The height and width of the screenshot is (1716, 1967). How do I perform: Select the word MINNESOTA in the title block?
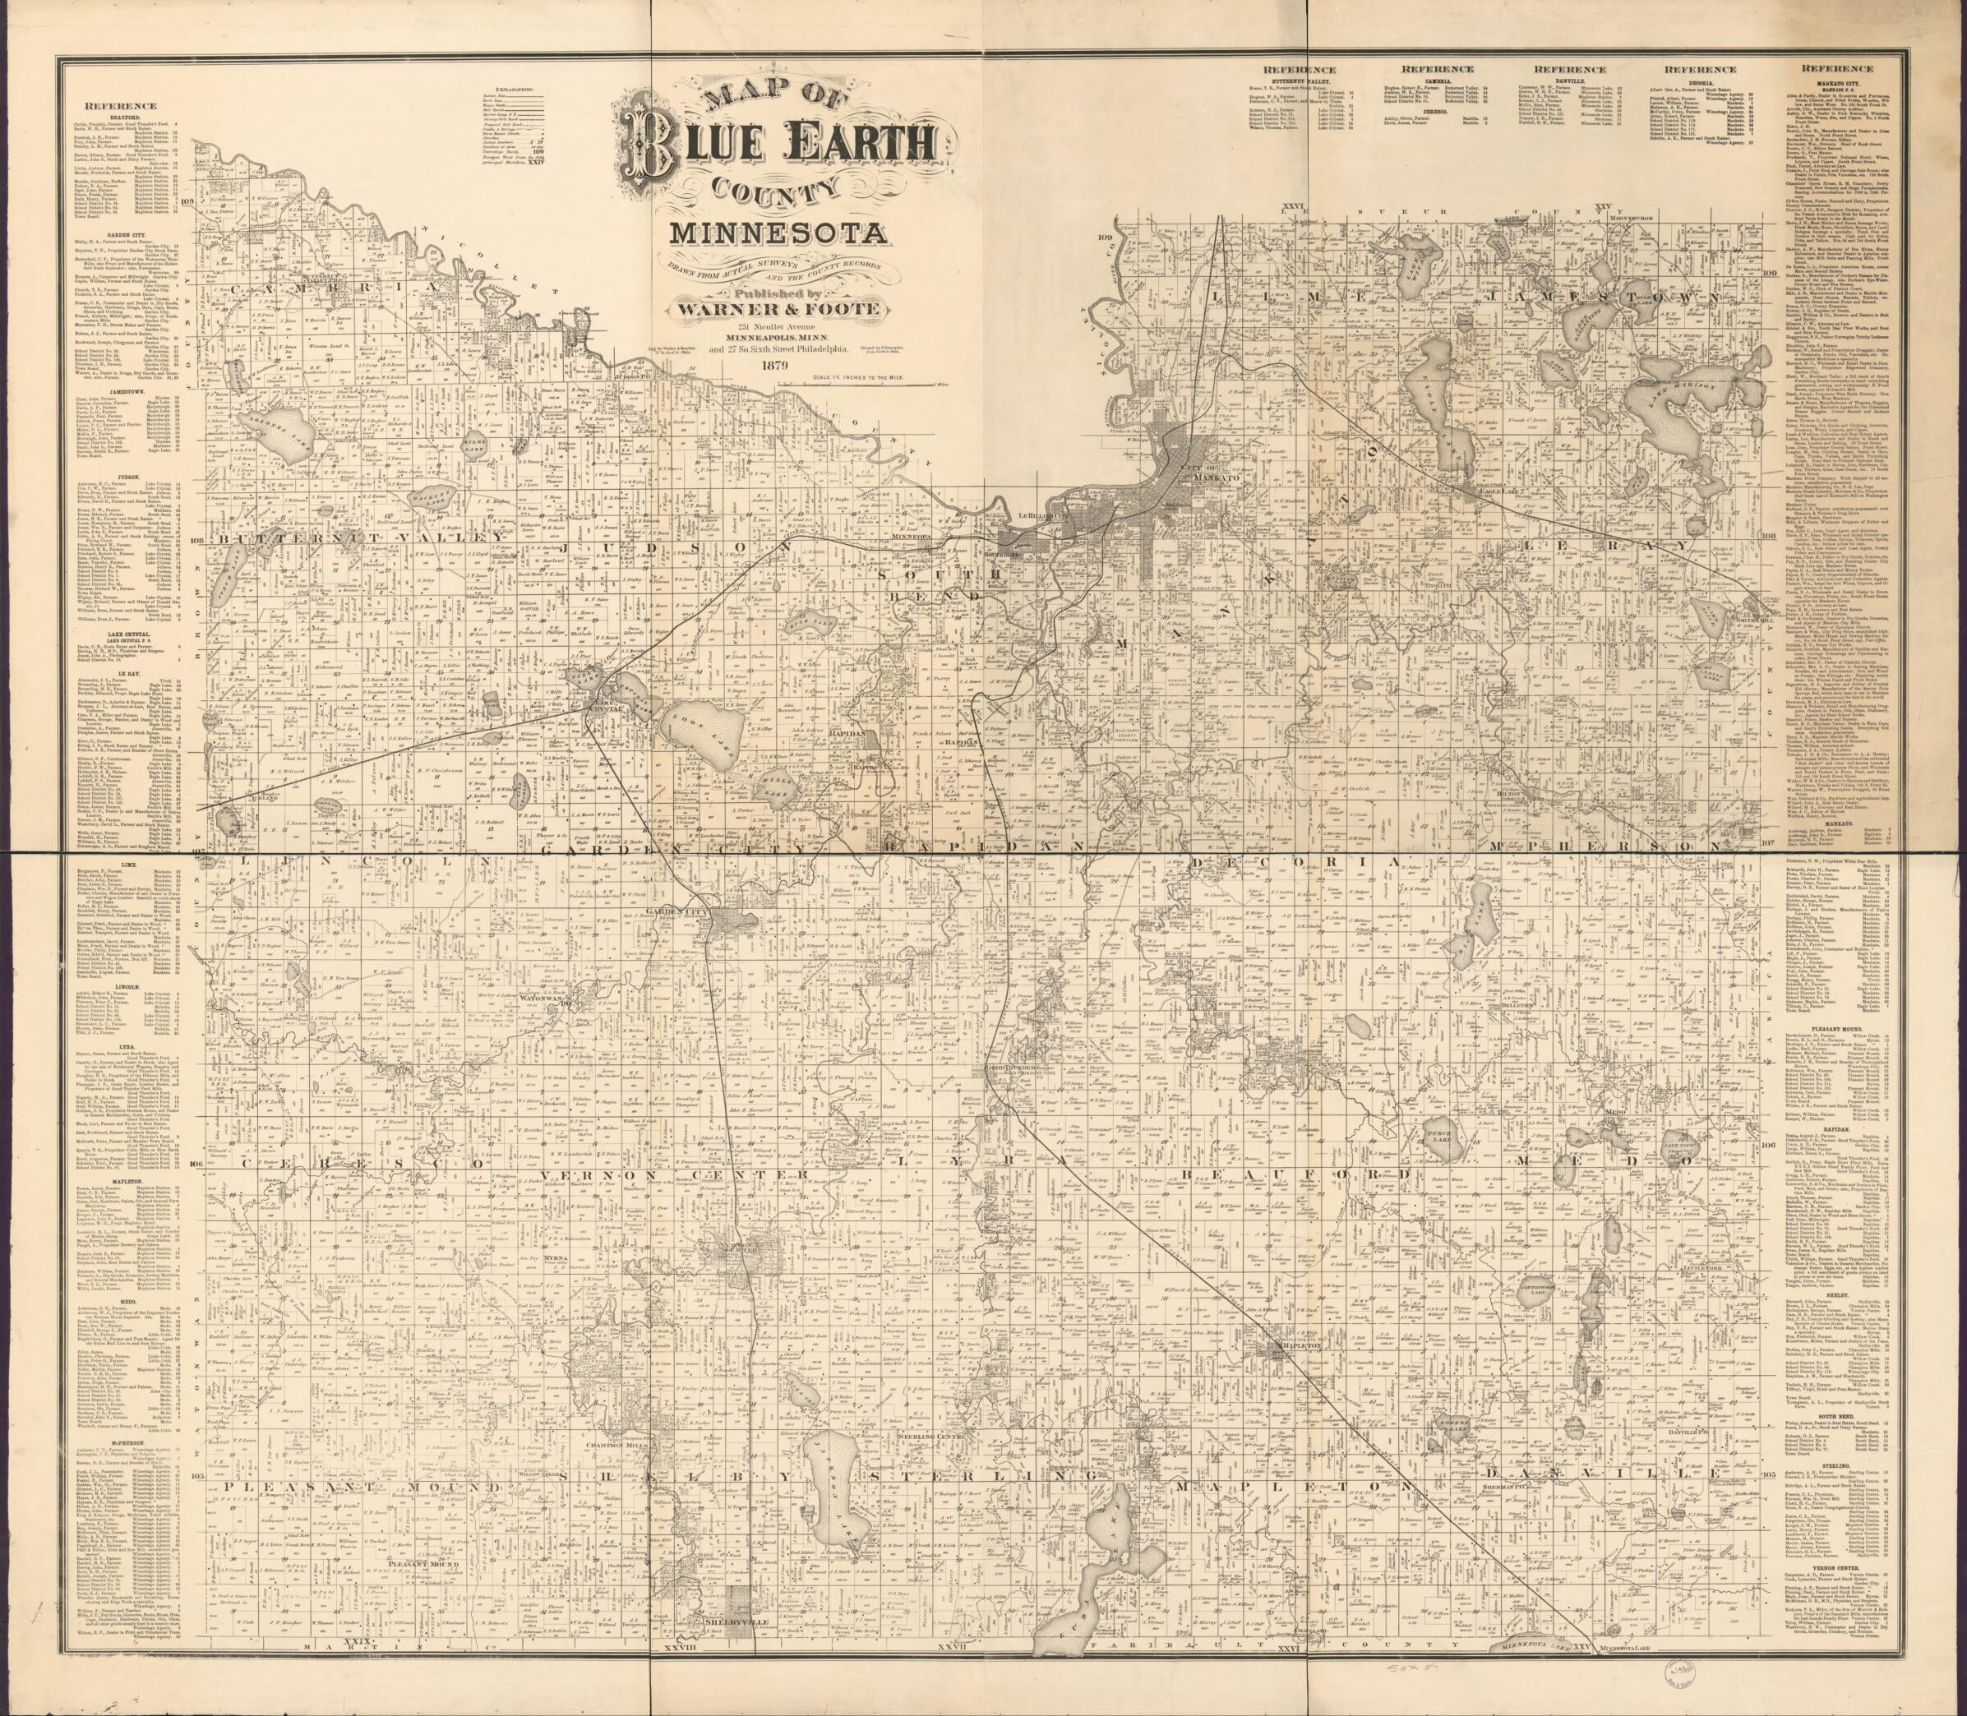777,232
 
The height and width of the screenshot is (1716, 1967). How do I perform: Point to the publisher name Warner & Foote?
777,309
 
